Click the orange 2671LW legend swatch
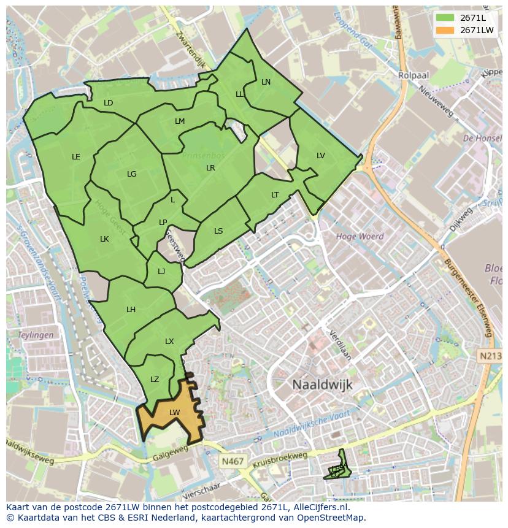coord(445,30)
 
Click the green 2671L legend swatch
coord(445,18)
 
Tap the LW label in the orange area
coord(175,413)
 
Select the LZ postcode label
coord(155,380)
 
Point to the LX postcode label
coord(169,342)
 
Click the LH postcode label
coord(131,310)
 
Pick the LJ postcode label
coord(161,272)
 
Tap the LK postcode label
coord(104,239)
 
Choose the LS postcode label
coord(218,231)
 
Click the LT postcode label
coord(275,195)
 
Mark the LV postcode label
coord(321,156)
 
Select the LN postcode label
coord(266,82)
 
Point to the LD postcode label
coord(109,103)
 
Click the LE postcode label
coord(76,157)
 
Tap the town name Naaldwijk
coord(322,384)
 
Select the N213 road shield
coord(490,356)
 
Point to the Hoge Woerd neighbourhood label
coord(360,236)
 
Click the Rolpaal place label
coord(413,75)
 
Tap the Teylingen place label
coord(36,335)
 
